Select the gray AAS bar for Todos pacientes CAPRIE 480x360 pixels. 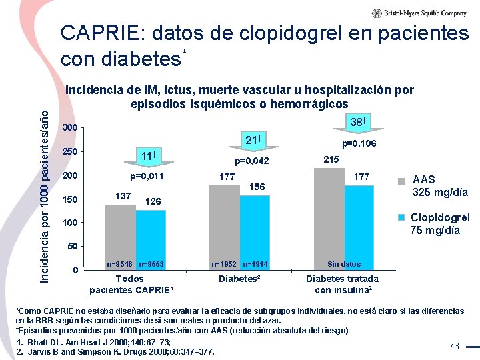[x=120, y=237]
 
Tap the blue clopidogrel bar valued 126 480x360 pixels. [x=151, y=240]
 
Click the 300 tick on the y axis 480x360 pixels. [x=69, y=128]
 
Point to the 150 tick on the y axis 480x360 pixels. [x=69, y=199]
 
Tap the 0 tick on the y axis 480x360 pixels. [x=75, y=270]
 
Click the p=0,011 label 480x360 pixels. [x=146, y=177]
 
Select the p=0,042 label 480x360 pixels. [x=251, y=161]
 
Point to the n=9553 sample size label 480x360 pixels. [x=151, y=264]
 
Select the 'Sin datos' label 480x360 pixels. [x=344, y=264]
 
